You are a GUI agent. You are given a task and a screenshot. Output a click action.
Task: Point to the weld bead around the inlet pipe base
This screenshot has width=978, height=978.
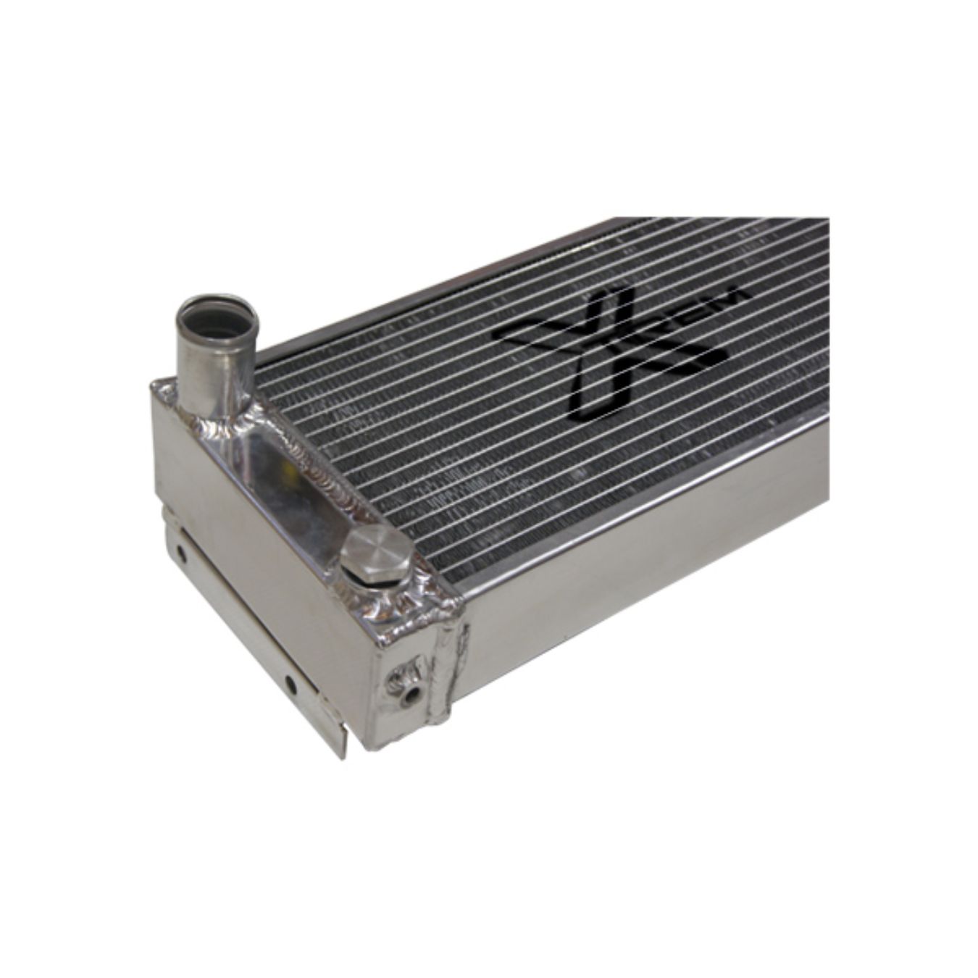click(217, 418)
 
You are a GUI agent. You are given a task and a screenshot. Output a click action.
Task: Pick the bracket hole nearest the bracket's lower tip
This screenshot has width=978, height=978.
click(290, 682)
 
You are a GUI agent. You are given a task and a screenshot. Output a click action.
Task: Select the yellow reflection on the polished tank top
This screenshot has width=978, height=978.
click(292, 475)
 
